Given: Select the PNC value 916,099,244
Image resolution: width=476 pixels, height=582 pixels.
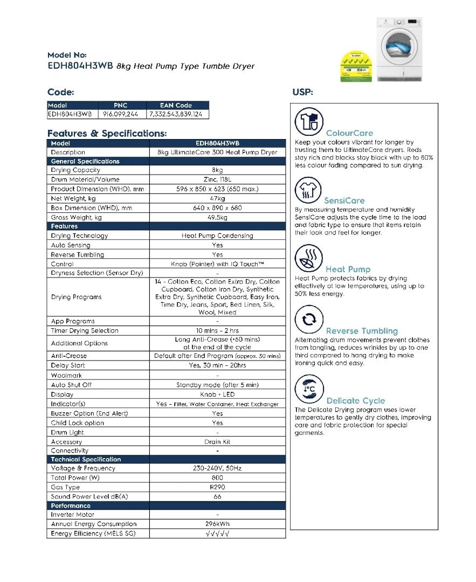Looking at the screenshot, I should point(120,114).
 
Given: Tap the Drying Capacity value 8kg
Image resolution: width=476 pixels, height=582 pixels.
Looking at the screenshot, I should point(217,170).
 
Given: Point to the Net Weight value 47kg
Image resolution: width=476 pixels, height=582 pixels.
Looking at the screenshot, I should point(217,198).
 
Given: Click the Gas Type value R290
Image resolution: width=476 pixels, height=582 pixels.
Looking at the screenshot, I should point(217,487).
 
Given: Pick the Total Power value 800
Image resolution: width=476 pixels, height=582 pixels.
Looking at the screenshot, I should point(217,478).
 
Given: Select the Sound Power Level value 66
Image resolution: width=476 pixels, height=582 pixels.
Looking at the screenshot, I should point(217,497).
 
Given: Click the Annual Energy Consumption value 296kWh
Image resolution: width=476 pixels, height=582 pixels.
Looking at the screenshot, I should point(217,524).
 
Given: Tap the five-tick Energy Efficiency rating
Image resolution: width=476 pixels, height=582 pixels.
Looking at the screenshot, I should point(217,534).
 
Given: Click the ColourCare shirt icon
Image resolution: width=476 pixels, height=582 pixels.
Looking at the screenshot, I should point(309,122).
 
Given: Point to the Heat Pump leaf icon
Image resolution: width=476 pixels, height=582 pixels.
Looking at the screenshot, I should point(309,258).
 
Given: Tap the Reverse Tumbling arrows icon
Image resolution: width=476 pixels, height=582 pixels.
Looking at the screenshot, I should point(309,320).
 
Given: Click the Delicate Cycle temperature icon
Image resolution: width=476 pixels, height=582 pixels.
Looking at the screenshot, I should point(309,389).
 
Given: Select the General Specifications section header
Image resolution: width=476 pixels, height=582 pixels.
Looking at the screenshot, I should point(85,161).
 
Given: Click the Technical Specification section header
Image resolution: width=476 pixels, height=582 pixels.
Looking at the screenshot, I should point(86,460).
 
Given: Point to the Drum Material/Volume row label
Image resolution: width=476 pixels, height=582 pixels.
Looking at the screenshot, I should point(85,180).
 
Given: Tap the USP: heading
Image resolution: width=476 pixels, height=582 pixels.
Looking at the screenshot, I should point(302,92).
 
